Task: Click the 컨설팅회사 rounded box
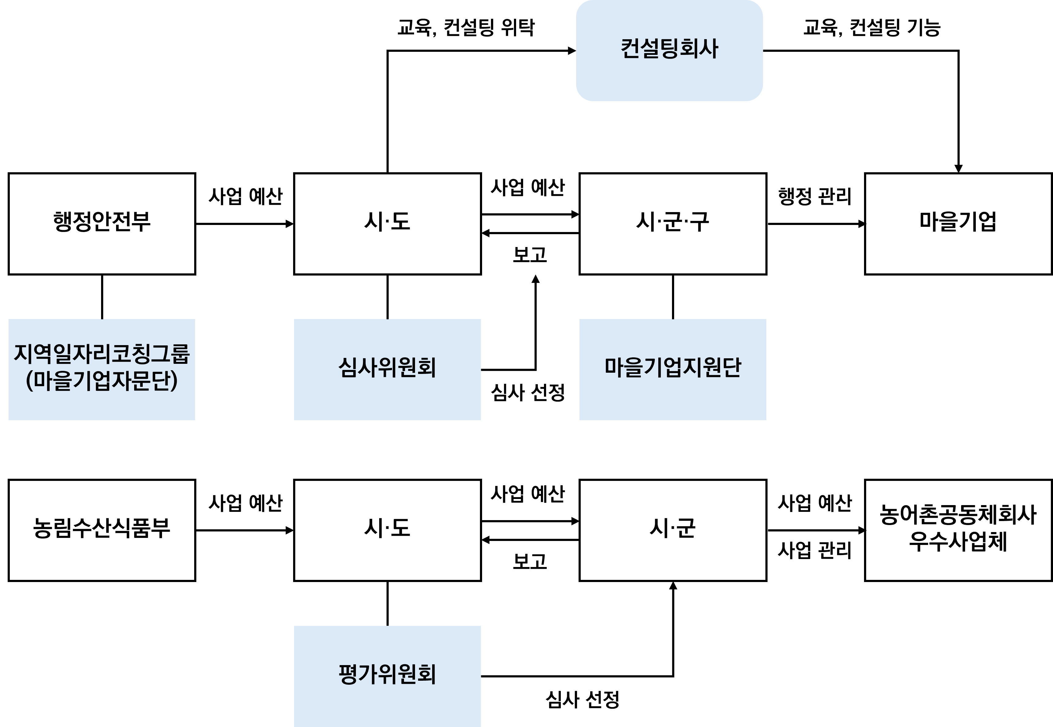[x=669, y=50]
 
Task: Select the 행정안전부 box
[x=102, y=224]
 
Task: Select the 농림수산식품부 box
[x=102, y=530]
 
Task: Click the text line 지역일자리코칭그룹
[x=102, y=354]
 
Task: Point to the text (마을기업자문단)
[x=102, y=382]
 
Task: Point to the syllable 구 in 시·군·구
[x=700, y=222]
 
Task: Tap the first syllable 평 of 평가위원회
[x=349, y=675]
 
